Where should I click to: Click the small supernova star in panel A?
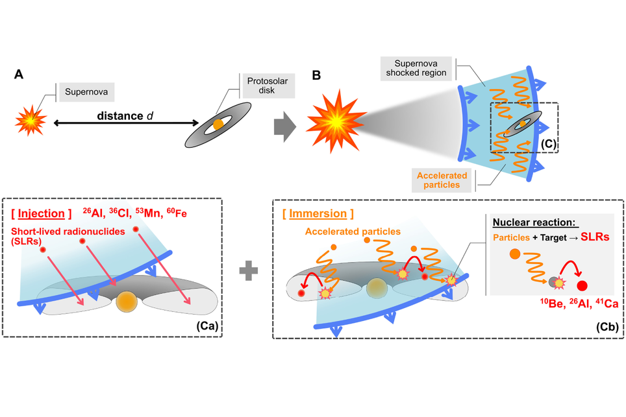coord(31,119)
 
